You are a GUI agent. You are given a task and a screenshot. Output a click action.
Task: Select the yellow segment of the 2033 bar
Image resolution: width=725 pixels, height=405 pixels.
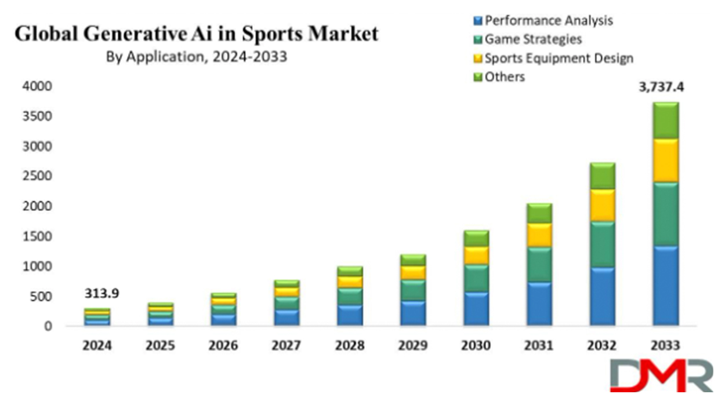pos(665,160)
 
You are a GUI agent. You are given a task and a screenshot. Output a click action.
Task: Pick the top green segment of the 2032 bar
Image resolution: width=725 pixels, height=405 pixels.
pos(602,176)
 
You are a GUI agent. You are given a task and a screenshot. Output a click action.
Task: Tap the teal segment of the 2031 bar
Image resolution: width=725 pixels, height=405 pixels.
pos(539,264)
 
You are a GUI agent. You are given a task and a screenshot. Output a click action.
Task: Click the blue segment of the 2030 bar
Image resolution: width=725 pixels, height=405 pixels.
pos(476,309)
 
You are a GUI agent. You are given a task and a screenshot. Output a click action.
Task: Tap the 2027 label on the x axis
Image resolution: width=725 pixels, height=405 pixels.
pos(287,345)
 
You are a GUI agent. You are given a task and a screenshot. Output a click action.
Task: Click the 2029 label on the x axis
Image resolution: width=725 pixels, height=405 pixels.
pos(413,345)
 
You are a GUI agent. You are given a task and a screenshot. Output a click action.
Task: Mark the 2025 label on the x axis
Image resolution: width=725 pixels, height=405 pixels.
pos(160,345)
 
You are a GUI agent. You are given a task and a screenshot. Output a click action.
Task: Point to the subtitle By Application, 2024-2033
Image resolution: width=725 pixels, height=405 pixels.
pos(197,57)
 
